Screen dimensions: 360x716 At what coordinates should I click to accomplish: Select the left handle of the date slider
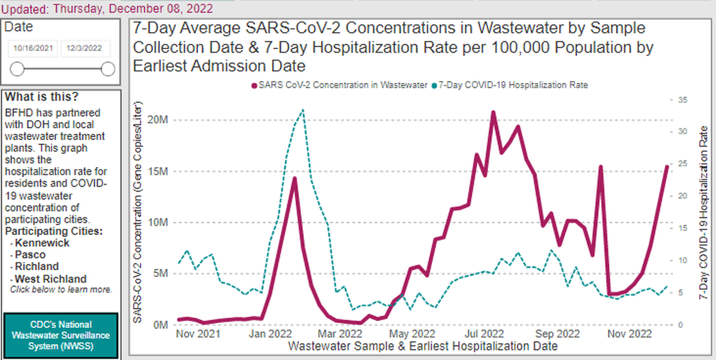pyautogui.click(x=18, y=69)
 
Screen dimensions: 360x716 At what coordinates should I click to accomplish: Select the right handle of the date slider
pyautogui.click(x=108, y=69)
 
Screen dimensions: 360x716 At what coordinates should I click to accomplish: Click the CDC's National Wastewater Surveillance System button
pyautogui.click(x=60, y=335)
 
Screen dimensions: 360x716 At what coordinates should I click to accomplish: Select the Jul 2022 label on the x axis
pyautogui.click(x=485, y=334)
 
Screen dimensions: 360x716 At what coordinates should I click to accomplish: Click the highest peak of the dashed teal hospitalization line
pyautogui.click(x=303, y=110)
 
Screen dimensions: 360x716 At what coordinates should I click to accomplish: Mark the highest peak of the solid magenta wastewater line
pyautogui.click(x=493, y=112)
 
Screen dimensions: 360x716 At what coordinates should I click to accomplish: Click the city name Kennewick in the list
pyautogui.click(x=42, y=243)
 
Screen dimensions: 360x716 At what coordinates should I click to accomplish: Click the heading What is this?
pyautogui.click(x=42, y=97)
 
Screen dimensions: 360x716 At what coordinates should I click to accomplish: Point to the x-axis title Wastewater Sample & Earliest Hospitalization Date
pyautogui.click(x=422, y=346)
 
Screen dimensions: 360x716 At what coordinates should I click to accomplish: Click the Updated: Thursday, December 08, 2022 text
pyautogui.click(x=107, y=8)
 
